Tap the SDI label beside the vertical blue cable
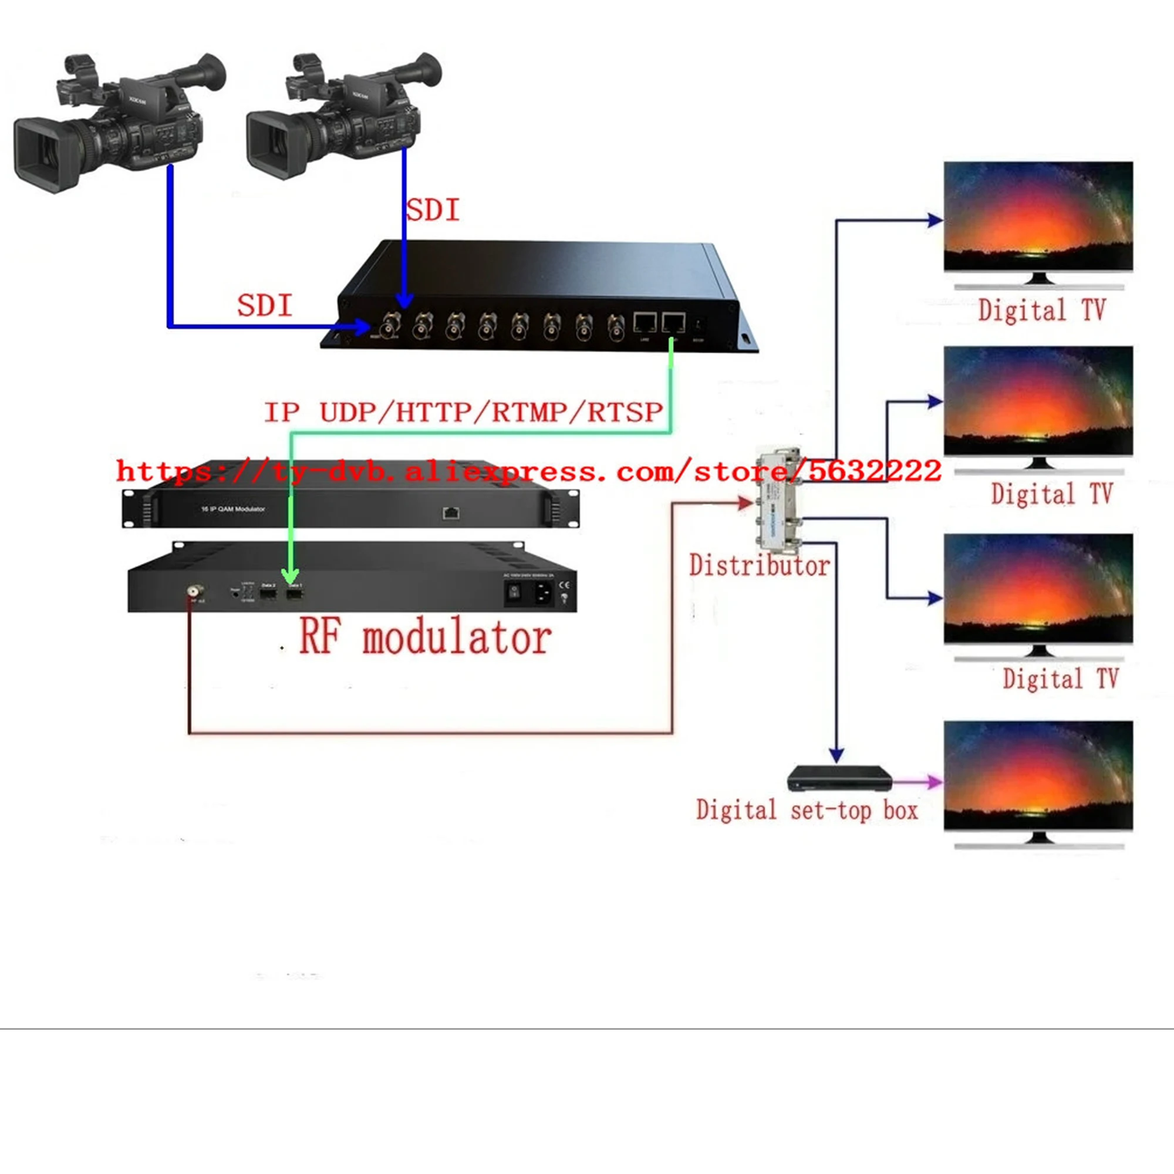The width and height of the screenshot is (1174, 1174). [x=433, y=210]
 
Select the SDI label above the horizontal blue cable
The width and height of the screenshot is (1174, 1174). [x=264, y=305]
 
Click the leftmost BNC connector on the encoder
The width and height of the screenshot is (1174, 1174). [x=390, y=326]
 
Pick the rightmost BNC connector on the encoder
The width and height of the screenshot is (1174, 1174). [x=616, y=326]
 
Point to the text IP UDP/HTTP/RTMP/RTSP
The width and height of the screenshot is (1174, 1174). [x=464, y=412]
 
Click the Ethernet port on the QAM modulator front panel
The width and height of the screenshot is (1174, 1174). [x=450, y=513]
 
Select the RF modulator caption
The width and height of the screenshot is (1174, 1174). [x=426, y=637]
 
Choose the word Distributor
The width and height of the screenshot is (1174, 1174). [x=760, y=566]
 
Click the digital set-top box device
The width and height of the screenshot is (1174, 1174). [x=839, y=779]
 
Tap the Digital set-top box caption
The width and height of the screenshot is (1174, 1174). [x=807, y=810]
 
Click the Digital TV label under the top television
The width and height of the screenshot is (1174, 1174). [x=1041, y=310]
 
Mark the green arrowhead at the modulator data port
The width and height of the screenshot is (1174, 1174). [x=291, y=575]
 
